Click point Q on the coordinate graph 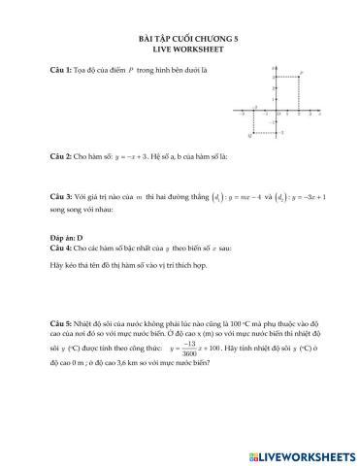pos(253,132)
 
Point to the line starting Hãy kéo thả pos(146,265)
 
